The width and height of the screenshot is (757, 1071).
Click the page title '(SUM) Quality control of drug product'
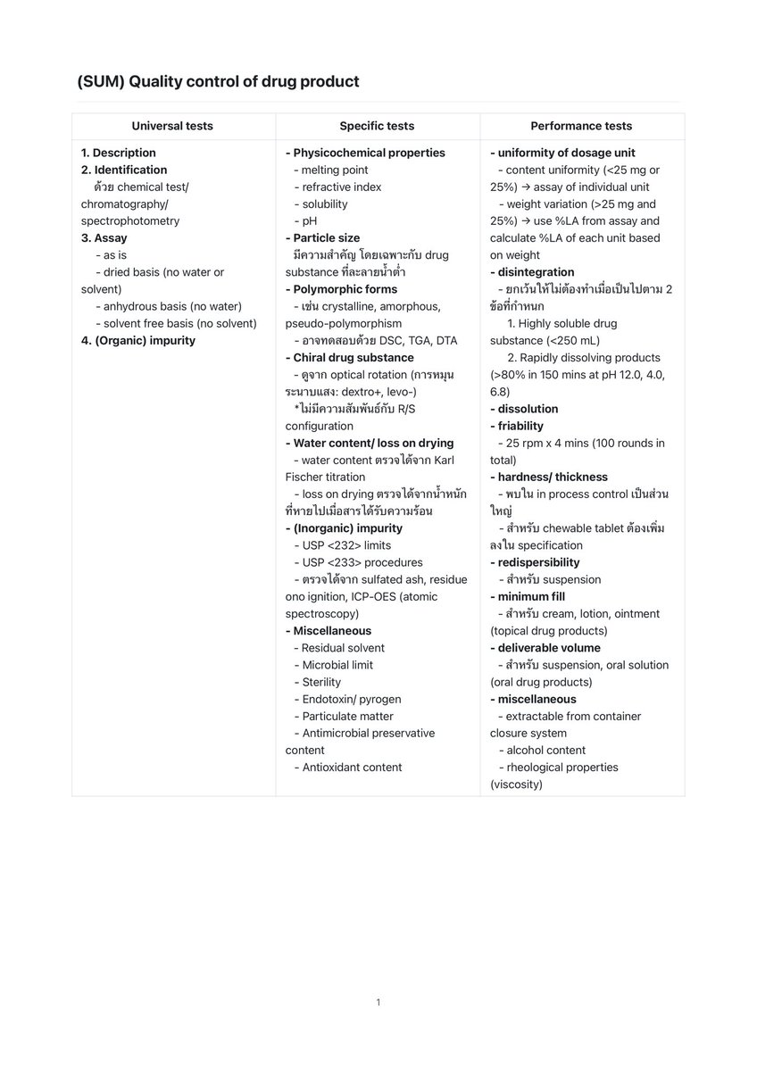(218, 82)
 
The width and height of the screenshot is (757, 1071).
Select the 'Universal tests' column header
(172, 126)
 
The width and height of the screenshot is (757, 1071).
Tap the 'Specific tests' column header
(377, 126)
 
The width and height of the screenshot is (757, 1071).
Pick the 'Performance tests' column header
(581, 126)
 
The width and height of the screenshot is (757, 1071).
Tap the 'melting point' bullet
(334, 170)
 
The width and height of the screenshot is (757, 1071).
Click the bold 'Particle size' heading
(326, 238)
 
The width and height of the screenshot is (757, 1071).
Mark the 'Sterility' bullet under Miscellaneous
(321, 682)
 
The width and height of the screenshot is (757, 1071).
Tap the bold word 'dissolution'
(528, 409)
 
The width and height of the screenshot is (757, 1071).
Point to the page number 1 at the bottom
(378, 1002)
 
